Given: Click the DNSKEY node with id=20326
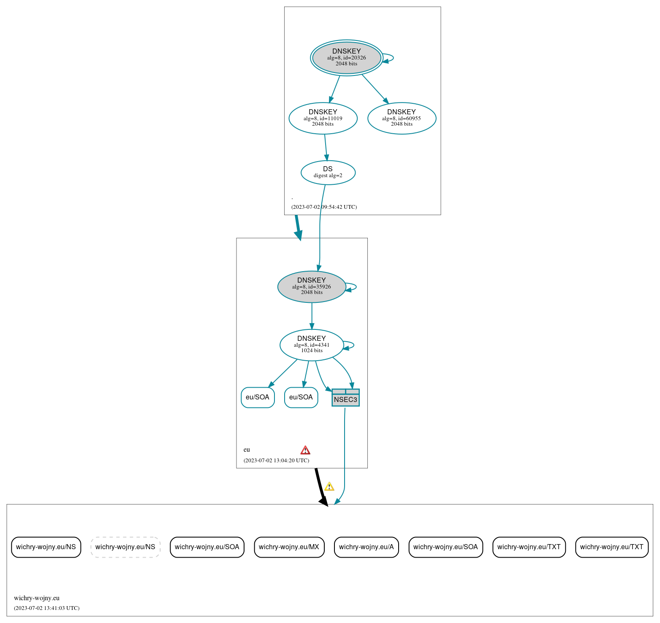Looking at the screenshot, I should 346,58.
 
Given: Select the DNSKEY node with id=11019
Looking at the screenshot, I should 323,118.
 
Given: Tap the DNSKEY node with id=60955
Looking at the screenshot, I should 402,118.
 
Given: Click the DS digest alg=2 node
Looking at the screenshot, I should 328,172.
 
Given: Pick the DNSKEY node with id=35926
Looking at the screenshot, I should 312,286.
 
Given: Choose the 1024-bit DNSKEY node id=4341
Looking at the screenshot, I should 312,345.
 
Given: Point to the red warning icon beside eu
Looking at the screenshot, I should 305,450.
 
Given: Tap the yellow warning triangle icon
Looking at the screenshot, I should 329,486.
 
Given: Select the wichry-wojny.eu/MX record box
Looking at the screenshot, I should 289,547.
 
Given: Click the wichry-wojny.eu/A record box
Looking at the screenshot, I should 366,547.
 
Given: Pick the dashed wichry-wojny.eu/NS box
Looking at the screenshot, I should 125,547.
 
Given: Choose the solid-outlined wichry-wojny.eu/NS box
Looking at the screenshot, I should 46,547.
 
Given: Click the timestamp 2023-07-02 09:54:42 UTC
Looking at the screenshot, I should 324,207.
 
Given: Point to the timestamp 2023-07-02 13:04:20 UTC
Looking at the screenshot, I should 276,460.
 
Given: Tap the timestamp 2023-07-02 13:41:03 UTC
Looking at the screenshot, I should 46,608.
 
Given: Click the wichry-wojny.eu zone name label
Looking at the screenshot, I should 37,598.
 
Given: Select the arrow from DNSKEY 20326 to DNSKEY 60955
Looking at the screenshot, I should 375,89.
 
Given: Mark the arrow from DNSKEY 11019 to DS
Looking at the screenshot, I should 326,147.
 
